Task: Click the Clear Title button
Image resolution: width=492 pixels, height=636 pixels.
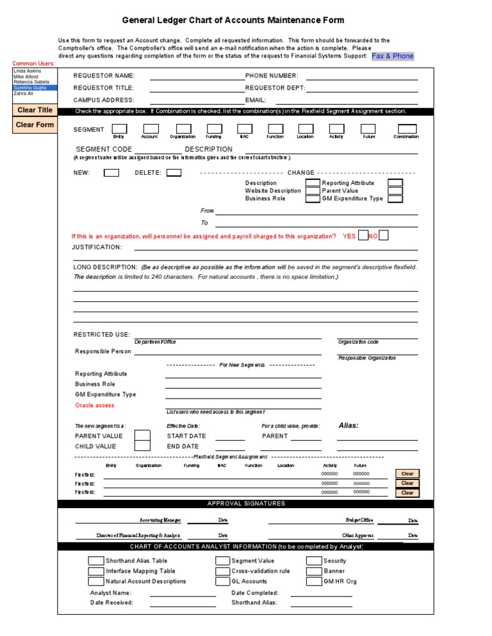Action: pos(35,110)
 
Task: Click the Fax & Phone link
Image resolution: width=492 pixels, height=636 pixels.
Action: pos(393,56)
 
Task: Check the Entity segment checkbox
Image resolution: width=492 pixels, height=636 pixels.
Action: pos(119,129)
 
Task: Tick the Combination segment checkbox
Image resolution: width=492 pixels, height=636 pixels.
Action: pos(406,129)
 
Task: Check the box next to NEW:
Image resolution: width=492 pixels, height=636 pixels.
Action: pos(111,173)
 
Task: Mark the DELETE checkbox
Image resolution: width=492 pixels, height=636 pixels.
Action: pos(174,173)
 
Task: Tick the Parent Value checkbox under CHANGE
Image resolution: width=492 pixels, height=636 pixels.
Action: pos(395,191)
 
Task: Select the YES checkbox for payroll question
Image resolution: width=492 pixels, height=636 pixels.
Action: pos(363,235)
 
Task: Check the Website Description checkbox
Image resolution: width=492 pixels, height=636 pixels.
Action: pos(312,191)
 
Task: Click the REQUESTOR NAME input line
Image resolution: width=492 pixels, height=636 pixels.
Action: pos(197,76)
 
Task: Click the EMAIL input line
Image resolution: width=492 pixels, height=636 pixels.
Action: pos(347,100)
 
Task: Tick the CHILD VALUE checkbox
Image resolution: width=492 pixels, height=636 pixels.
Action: pos(142,446)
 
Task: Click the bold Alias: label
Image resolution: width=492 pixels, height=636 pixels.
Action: pos(348,425)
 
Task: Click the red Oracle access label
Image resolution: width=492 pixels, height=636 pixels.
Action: pos(95,405)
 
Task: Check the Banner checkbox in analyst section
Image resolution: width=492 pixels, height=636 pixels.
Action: pos(313,571)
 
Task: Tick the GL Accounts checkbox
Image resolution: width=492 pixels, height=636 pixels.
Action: pos(222,581)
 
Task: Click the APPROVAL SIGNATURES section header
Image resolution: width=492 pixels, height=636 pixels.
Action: pos(237,504)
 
